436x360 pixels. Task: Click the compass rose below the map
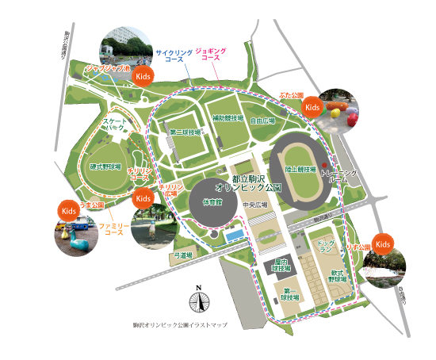(x=199, y=301)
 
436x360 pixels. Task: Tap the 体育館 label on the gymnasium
(x=212, y=201)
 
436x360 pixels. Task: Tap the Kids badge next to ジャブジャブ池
(x=143, y=76)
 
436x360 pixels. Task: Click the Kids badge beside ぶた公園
(x=313, y=106)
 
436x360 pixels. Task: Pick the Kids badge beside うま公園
(x=68, y=210)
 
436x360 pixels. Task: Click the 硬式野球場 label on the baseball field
(x=105, y=167)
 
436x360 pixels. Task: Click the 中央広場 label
(x=255, y=205)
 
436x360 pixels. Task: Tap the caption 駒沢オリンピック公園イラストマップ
(x=180, y=325)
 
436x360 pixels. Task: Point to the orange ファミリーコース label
(x=111, y=230)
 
